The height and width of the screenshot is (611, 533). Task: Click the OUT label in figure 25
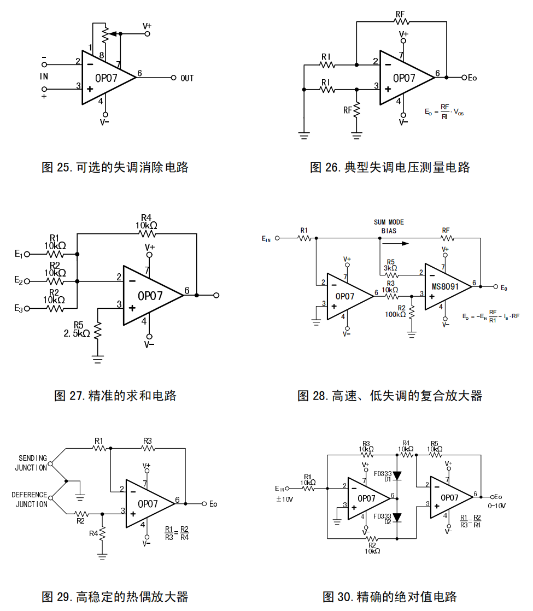pos(187,78)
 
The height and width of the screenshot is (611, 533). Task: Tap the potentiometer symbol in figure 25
pos(105,34)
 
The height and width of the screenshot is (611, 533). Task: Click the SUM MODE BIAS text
pos(389,226)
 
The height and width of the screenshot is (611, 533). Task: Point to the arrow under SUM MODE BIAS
pos(397,244)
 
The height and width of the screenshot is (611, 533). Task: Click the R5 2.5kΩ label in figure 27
pos(77,329)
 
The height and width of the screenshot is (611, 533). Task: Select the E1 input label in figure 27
pos(19,254)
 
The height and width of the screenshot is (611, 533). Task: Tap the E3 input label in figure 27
pos(19,309)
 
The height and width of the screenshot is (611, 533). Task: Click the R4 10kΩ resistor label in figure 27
pos(147,221)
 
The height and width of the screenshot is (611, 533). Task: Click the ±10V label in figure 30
pos(284,500)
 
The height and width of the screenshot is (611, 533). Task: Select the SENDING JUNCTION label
pos(32,463)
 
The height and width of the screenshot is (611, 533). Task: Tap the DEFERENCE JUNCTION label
pos(30,500)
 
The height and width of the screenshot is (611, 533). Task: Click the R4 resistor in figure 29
pos(102,533)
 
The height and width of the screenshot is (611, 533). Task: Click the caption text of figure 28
pos(389,396)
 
